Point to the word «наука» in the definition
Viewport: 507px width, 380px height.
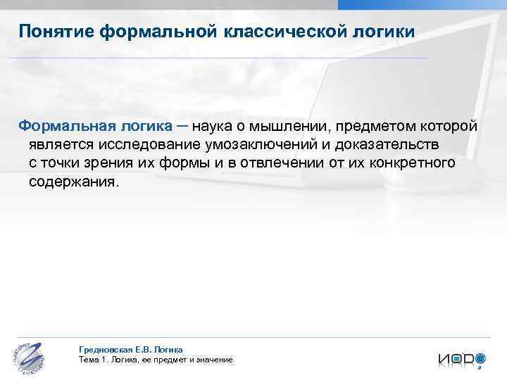click(218, 126)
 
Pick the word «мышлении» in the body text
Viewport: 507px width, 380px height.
click(296, 126)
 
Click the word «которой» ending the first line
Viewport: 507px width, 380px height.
click(450, 126)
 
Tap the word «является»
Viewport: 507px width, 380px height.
click(61, 145)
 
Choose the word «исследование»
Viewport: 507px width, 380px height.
click(142, 145)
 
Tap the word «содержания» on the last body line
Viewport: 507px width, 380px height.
click(74, 182)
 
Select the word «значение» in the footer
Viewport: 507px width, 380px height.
click(213, 360)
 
